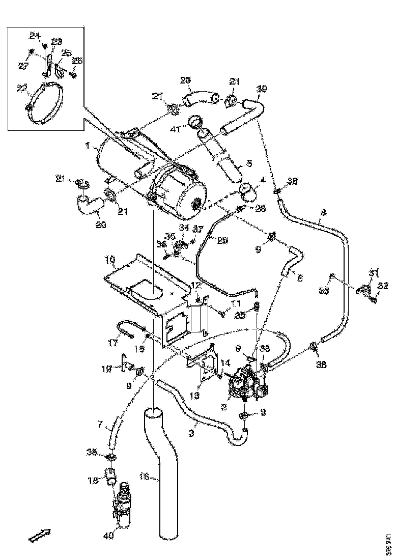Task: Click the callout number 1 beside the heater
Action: click(88, 146)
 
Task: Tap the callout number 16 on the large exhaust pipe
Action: click(144, 477)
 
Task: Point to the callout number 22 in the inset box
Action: click(22, 88)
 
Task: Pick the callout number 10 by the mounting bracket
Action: click(110, 260)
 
